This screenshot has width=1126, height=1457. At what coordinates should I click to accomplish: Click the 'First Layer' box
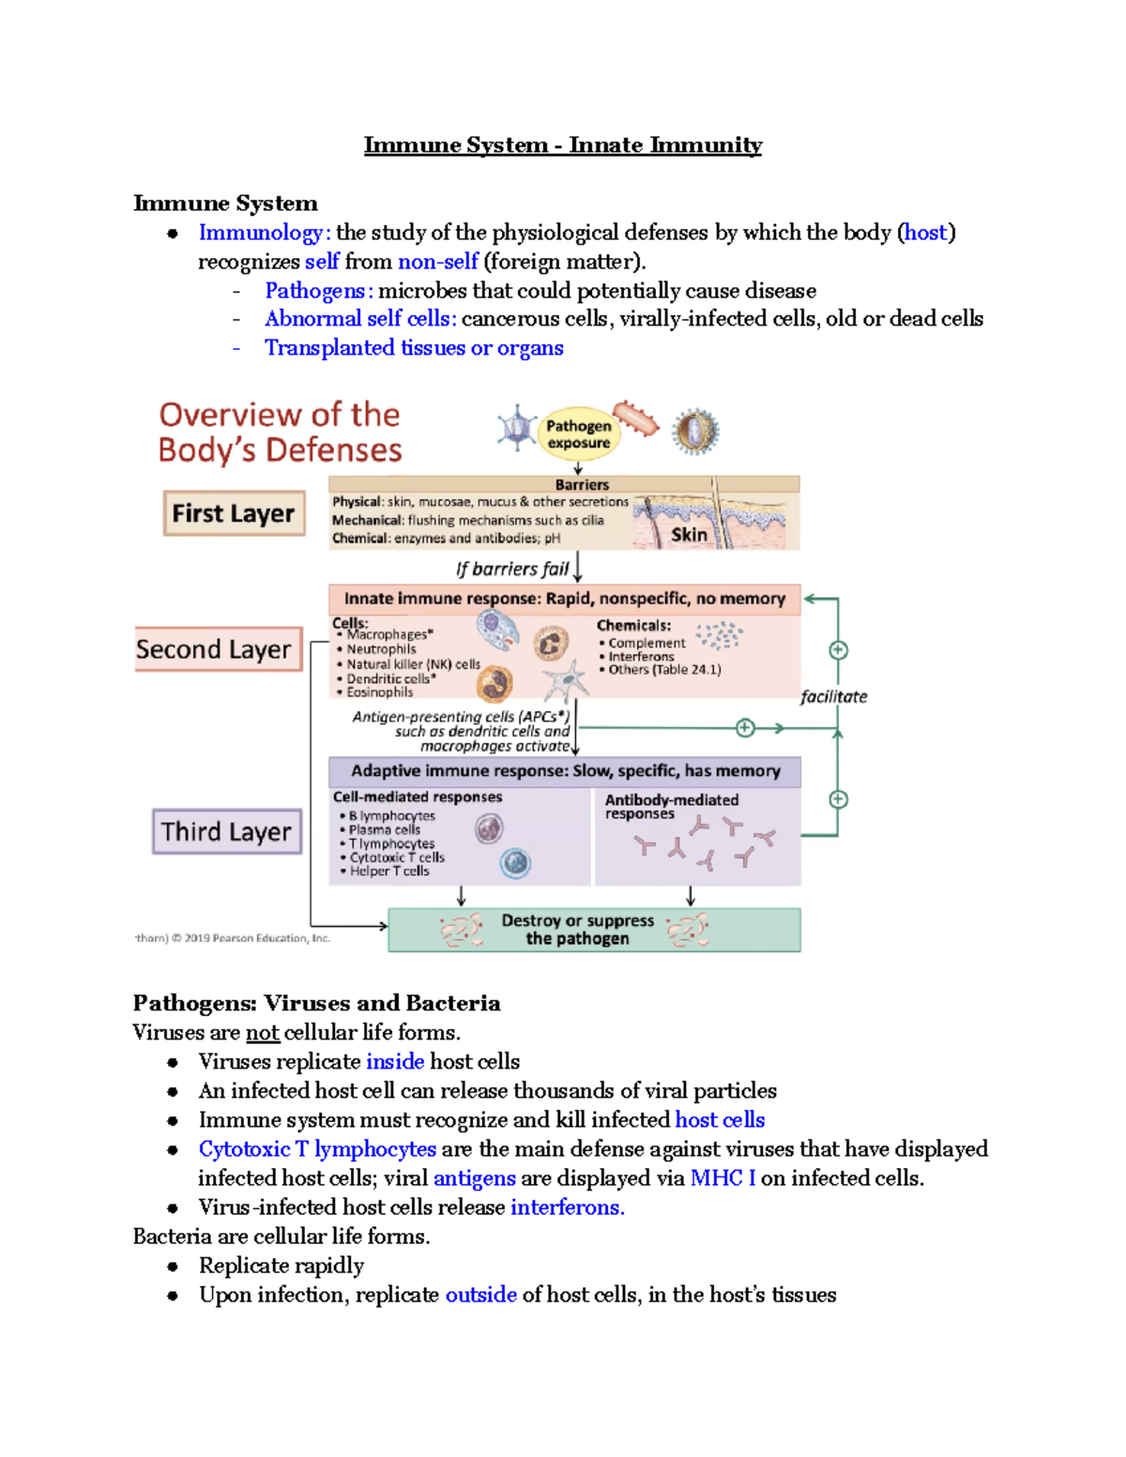pos(234,513)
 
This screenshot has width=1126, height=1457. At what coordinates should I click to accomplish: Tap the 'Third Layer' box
pos(227,831)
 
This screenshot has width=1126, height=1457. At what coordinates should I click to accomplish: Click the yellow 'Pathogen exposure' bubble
pos(579,434)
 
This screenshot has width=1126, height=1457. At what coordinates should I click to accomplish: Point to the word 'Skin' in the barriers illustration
pos(689,535)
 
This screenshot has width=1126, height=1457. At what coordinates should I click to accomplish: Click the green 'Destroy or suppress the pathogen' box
pos(594,930)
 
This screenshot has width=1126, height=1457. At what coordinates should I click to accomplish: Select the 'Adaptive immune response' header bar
pos(565,771)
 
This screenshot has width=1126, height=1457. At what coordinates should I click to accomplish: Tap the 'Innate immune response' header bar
pos(564,599)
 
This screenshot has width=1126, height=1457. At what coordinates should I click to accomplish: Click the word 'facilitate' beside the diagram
pos(833,696)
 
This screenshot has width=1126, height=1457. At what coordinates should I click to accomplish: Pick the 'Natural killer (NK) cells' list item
pos(413,664)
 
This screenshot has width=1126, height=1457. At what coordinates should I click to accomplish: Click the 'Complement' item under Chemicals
pos(647,643)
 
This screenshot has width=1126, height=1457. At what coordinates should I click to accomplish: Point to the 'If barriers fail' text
pos(512,569)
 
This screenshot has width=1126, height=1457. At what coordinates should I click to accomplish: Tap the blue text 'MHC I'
pos(723,1178)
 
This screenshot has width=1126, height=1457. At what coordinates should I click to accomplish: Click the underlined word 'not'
pos(263,1033)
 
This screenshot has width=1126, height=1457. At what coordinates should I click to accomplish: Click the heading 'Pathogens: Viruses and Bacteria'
pos(316,1003)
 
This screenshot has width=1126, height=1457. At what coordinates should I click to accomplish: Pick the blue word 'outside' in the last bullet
pos(480,1295)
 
